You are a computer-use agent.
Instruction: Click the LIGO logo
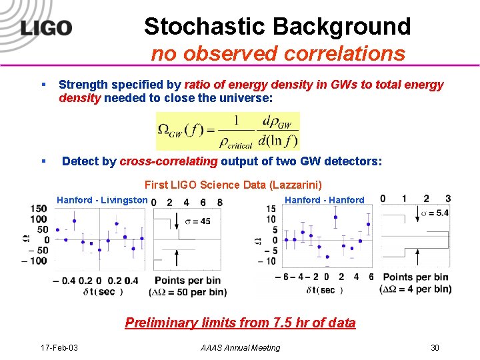(45, 29)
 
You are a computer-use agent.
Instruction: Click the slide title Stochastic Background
(277, 27)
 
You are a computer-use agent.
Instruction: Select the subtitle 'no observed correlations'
(277, 53)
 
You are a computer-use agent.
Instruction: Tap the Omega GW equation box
(227, 131)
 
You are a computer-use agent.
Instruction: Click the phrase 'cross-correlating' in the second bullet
(169, 161)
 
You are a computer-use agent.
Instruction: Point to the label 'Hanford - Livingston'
(102, 200)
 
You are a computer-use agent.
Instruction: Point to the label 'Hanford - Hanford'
(324, 200)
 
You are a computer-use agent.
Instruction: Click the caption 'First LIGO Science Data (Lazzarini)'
(233, 185)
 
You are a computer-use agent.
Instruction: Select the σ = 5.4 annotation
(435, 213)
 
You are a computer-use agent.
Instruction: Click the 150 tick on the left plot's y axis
(39, 209)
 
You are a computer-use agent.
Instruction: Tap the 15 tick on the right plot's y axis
(271, 209)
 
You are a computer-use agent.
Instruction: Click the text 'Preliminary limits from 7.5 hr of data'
(240, 323)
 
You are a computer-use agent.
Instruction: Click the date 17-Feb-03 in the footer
(59, 347)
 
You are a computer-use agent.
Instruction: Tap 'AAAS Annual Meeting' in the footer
(240, 347)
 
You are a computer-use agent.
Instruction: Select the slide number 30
(435, 347)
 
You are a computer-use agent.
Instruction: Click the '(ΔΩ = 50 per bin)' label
(187, 292)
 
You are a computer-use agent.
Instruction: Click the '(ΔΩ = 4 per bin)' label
(415, 289)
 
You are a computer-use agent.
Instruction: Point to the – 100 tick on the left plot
(35, 260)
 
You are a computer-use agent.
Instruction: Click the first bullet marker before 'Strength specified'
(43, 85)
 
